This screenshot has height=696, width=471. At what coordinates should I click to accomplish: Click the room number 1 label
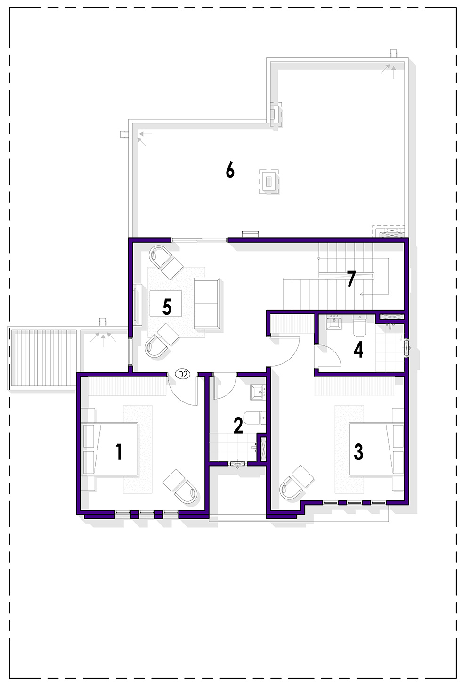[119, 452]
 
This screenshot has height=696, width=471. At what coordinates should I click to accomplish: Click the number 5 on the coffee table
[167, 307]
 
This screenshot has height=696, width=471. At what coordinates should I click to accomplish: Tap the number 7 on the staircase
[351, 278]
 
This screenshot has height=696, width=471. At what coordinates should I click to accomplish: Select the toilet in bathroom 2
[255, 418]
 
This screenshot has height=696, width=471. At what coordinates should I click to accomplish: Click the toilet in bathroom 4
[360, 326]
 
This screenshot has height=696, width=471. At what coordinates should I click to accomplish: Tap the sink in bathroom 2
[258, 392]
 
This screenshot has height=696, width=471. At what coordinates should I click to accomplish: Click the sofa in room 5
[207, 303]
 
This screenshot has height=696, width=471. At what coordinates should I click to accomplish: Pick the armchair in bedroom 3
[297, 483]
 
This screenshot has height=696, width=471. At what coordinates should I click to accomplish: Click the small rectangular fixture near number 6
[269, 182]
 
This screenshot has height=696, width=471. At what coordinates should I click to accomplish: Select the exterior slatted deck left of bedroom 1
[42, 357]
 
